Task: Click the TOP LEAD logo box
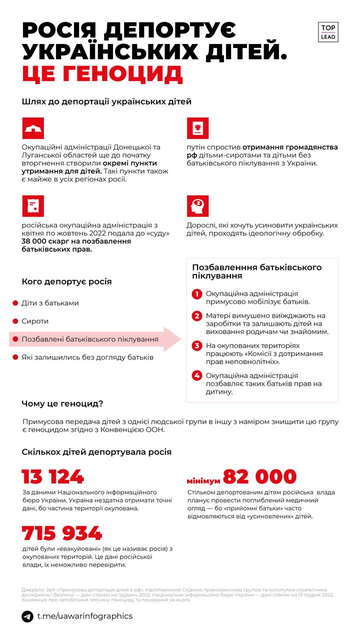coord(328,32)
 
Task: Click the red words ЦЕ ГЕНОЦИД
coord(102,73)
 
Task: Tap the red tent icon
coord(33,128)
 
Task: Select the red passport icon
coord(197,128)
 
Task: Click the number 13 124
coord(53,476)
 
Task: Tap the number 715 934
coord(62,533)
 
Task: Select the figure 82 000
coord(259,476)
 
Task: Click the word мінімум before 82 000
coord(203,480)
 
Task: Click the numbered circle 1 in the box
coord(197,294)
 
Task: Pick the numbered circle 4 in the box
coord(197,375)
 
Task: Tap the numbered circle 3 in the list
coord(197,345)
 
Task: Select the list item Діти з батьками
coord(50,303)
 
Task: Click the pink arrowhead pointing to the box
coord(172,339)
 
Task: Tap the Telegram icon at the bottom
coord(27,616)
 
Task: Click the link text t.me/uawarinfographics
coord(85,616)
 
